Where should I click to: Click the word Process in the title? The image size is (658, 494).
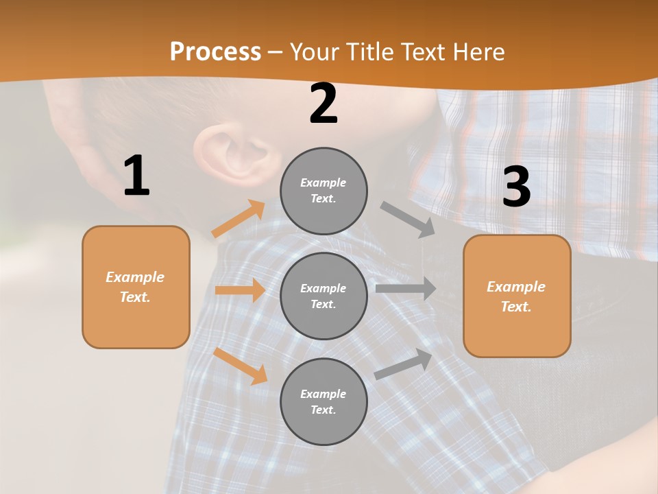click(x=215, y=52)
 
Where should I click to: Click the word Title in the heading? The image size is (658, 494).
click(x=370, y=52)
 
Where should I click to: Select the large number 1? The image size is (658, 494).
click(x=136, y=176)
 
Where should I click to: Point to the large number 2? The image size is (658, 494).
click(x=324, y=104)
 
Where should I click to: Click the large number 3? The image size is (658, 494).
click(x=516, y=187)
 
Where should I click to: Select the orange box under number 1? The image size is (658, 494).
click(x=136, y=287)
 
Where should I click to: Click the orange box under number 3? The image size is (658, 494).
click(x=517, y=296)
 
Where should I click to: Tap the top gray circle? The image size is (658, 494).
click(x=324, y=191)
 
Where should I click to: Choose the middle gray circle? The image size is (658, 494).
click(x=324, y=296)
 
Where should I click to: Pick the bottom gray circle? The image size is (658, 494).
click(x=324, y=401)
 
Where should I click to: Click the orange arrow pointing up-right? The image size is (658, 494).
click(x=239, y=219)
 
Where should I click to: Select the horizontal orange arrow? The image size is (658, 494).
click(x=240, y=290)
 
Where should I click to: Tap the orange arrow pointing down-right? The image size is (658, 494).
click(x=241, y=366)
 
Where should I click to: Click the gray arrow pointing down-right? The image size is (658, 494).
click(x=408, y=220)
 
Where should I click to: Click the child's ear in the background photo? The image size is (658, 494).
click(x=230, y=151)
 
